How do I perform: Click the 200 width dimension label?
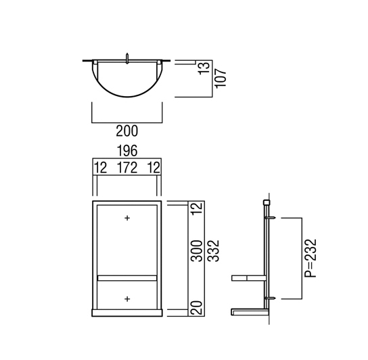(127, 131)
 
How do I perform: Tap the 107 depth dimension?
(221, 78)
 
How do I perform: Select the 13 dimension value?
(204, 68)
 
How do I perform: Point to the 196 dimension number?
(127, 151)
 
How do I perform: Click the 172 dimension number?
(127, 168)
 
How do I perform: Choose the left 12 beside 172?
(100, 168)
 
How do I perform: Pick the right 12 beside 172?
(154, 168)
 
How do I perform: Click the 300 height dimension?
(197, 251)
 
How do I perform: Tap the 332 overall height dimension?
(214, 251)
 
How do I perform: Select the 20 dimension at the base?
(197, 308)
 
